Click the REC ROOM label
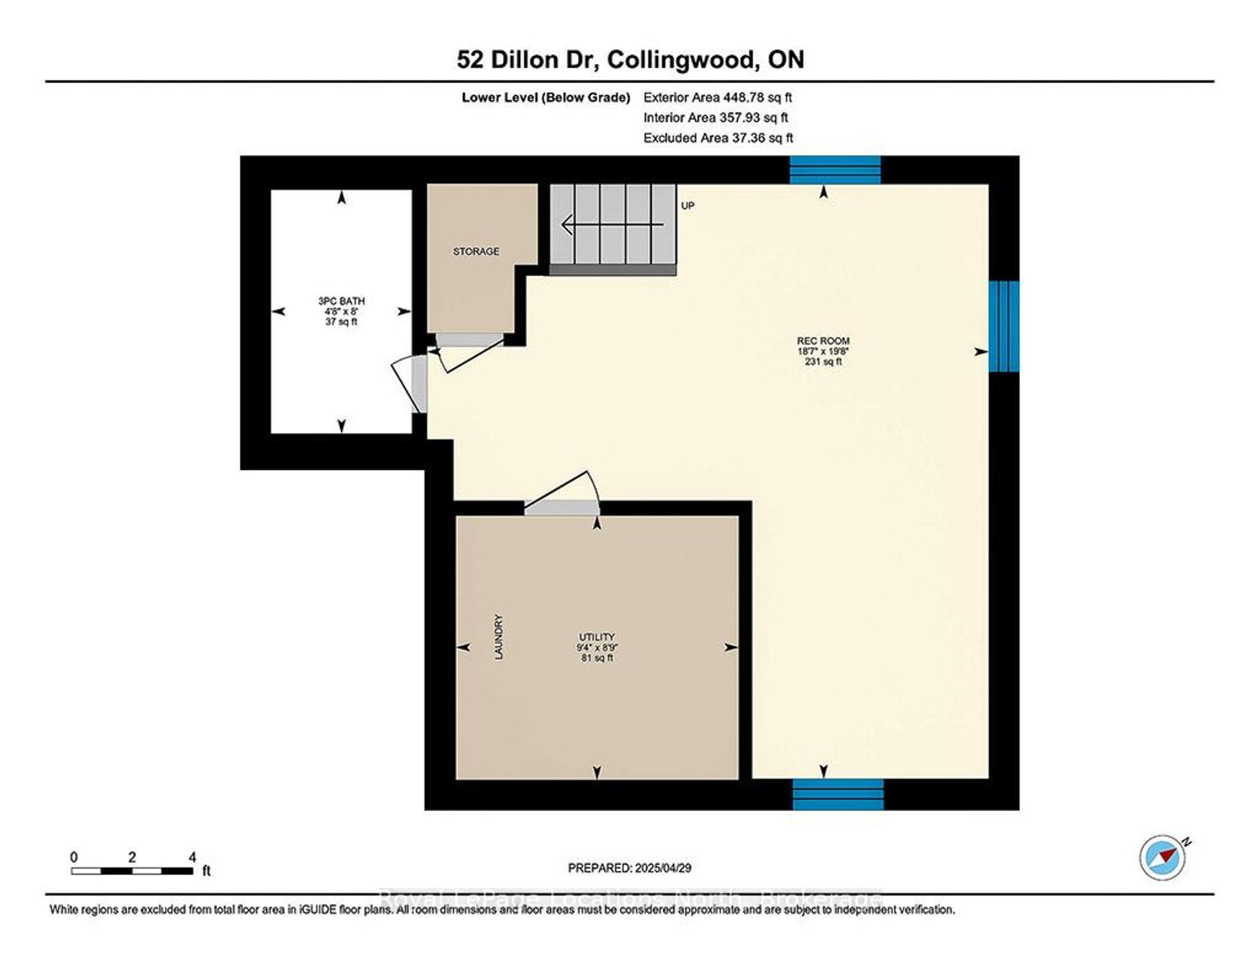click(x=823, y=340)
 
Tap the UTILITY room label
click(x=597, y=637)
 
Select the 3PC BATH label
click(x=341, y=301)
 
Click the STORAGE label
click(x=476, y=251)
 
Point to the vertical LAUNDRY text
click(x=498, y=637)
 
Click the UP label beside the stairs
click(x=688, y=205)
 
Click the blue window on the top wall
click(x=835, y=169)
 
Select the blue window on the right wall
click(x=1004, y=326)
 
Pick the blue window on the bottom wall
click(x=838, y=795)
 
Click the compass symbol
click(x=1163, y=857)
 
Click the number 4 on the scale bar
click(x=193, y=858)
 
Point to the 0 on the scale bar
click(x=73, y=858)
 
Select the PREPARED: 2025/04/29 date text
click(x=629, y=868)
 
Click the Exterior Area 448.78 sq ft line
click(x=717, y=97)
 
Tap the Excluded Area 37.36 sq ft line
click(x=718, y=138)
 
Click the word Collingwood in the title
click(x=681, y=60)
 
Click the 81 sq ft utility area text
click(x=597, y=658)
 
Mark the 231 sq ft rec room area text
click(x=823, y=361)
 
